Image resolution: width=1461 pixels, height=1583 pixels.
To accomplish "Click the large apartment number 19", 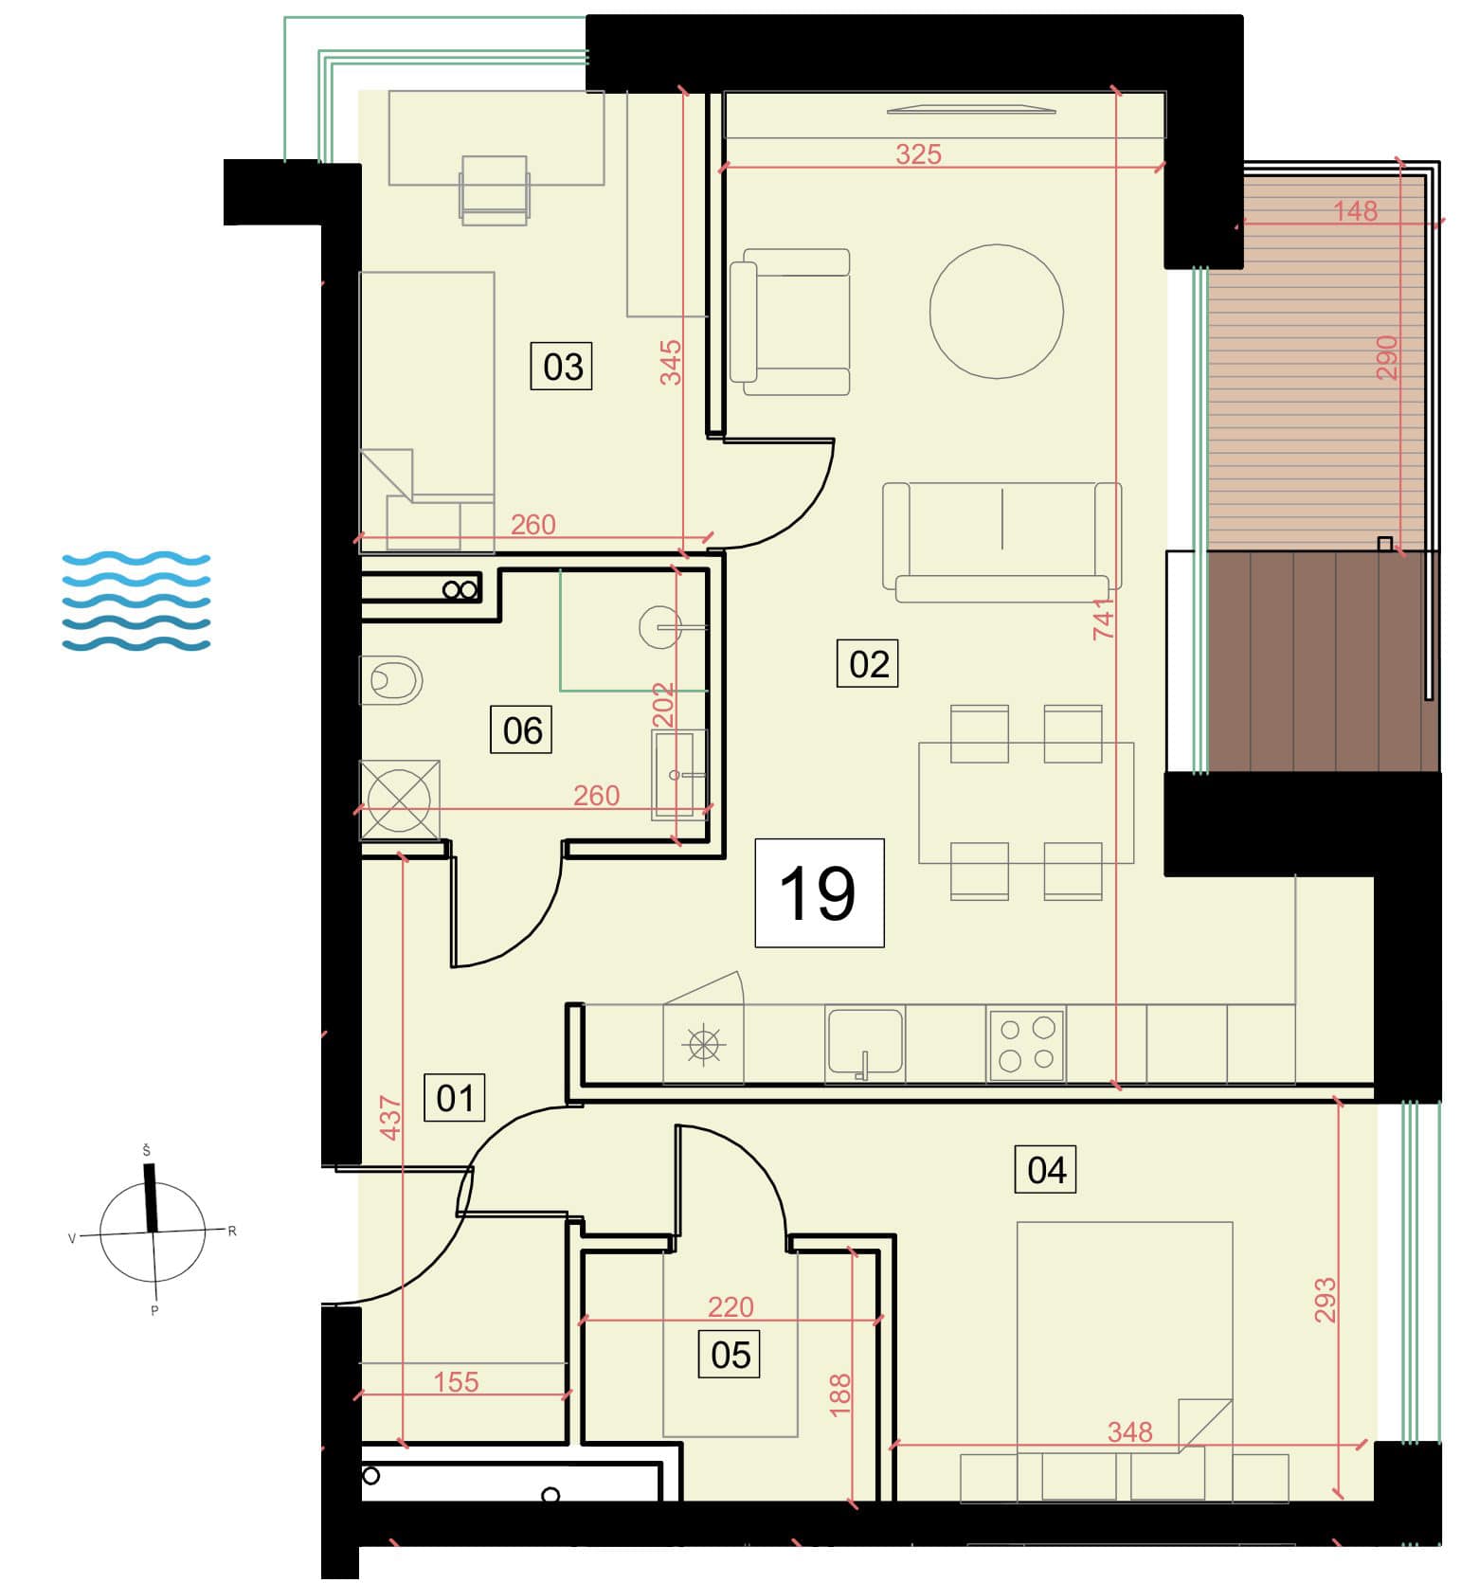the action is point(819,892).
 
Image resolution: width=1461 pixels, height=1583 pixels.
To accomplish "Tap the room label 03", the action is point(562,367).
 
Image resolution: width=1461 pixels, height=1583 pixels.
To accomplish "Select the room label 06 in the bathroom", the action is point(522,730).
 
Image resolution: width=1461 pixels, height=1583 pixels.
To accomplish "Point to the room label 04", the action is point(1046,1170).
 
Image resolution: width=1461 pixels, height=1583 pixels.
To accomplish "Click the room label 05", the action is point(730,1355).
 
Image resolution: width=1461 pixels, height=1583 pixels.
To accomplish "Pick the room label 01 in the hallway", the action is point(455,1098).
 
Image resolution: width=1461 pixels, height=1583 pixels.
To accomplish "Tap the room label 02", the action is point(868,664).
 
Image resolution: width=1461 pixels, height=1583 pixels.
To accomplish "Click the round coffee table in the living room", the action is point(997,312).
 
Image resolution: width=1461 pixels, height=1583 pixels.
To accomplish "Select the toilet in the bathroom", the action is point(390,680).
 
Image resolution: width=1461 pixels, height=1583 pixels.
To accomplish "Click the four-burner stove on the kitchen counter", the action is point(1027,1045).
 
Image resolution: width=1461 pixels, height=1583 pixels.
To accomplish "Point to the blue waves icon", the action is point(135,602).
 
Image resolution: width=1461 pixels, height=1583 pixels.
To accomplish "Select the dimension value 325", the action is point(918,154).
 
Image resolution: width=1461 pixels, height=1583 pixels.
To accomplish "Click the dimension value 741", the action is point(1103,619).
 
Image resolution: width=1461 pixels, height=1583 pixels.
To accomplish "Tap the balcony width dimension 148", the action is point(1355,210).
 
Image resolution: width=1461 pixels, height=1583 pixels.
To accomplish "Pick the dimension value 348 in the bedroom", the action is point(1129,1431).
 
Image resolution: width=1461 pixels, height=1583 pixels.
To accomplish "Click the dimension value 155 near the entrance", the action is point(456,1381).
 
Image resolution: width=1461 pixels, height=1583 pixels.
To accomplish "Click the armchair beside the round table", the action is point(790,321).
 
